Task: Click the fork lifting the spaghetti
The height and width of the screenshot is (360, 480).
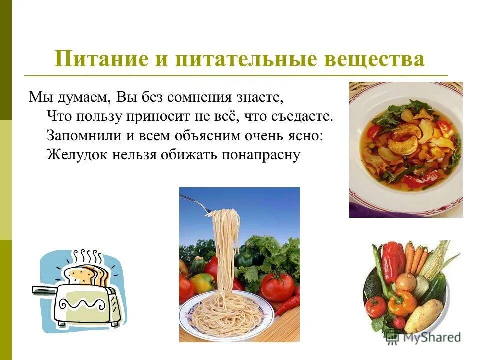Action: pos(197,202)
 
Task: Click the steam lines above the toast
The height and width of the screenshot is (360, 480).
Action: pos(88,257)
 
